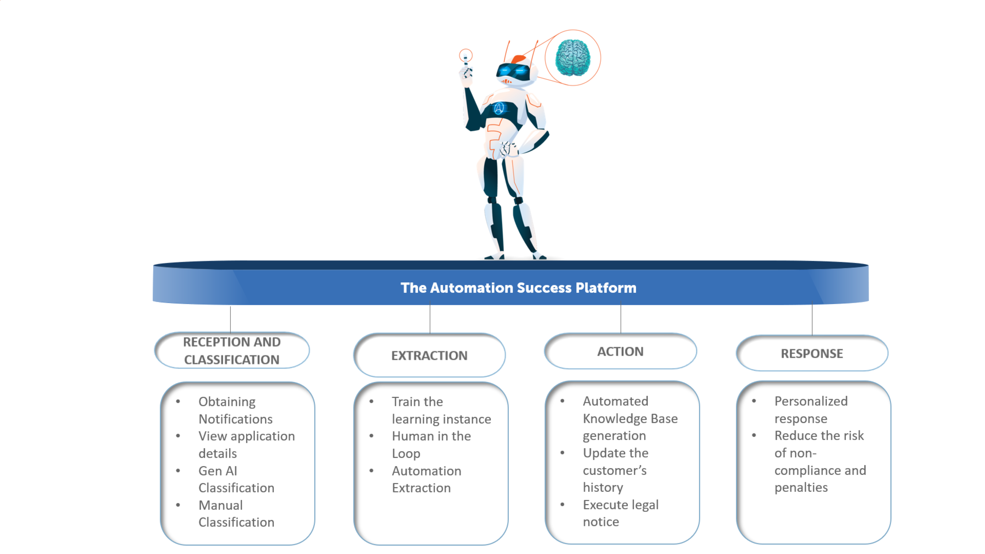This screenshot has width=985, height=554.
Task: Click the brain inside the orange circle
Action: (x=572, y=58)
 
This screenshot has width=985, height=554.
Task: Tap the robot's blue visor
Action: (x=512, y=71)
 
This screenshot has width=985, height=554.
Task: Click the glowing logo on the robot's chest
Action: (x=499, y=109)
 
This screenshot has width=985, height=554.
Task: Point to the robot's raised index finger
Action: (x=465, y=59)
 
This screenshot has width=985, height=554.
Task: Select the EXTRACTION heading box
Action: (x=429, y=355)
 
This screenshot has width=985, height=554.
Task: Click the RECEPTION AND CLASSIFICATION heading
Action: (x=232, y=350)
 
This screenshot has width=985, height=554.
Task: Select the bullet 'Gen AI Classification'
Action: (x=236, y=479)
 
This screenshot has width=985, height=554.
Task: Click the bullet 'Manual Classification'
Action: (x=236, y=513)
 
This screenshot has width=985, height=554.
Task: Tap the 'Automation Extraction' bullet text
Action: (x=426, y=479)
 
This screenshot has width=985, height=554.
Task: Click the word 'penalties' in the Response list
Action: (x=801, y=487)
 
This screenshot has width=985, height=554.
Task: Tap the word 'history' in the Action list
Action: (x=603, y=487)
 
